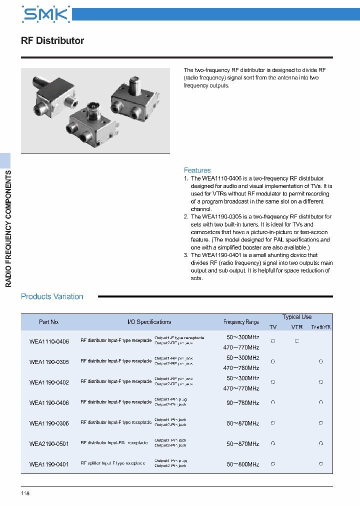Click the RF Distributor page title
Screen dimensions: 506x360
(x=52, y=41)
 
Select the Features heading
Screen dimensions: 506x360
(x=197, y=170)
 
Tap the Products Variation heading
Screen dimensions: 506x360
(x=52, y=296)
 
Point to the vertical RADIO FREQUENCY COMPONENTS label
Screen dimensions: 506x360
(x=8, y=228)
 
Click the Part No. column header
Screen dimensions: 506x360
(x=49, y=322)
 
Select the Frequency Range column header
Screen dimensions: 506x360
(x=241, y=322)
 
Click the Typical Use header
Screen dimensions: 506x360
(x=296, y=317)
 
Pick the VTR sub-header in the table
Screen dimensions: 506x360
(x=297, y=327)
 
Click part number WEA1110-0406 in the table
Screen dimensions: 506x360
(x=49, y=341)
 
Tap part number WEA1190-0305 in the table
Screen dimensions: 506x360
(x=49, y=361)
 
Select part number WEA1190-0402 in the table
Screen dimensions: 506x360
(x=49, y=382)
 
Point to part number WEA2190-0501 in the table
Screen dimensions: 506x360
(x=49, y=443)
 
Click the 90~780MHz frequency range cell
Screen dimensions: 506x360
(x=242, y=403)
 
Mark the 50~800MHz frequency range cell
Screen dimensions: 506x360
(x=242, y=464)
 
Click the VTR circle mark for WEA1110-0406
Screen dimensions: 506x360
(x=296, y=341)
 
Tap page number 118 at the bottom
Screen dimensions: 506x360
(x=25, y=494)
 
